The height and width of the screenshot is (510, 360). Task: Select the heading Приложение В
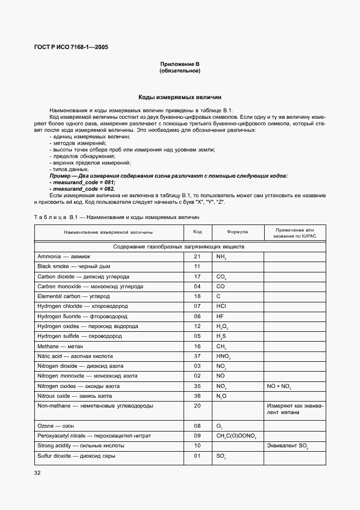click(180, 64)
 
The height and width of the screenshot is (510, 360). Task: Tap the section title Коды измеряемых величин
click(180, 96)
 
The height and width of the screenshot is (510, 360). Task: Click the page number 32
click(37, 472)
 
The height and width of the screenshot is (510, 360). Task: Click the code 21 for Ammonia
click(197, 256)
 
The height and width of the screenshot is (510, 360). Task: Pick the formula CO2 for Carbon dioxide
click(221, 277)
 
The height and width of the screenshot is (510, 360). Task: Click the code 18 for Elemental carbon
click(197, 296)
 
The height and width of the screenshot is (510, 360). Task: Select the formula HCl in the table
click(221, 306)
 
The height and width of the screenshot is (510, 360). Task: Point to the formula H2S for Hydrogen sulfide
click(221, 337)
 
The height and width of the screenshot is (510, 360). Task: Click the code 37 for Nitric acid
click(197, 356)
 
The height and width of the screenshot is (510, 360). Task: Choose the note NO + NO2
click(279, 386)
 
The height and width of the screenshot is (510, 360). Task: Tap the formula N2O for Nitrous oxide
click(221, 396)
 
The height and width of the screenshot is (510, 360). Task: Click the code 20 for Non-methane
click(197, 406)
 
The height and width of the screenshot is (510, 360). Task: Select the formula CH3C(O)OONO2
click(236, 436)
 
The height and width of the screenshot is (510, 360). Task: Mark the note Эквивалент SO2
click(287, 446)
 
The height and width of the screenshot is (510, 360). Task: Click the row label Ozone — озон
click(56, 426)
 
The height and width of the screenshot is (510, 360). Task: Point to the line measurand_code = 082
click(83, 189)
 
